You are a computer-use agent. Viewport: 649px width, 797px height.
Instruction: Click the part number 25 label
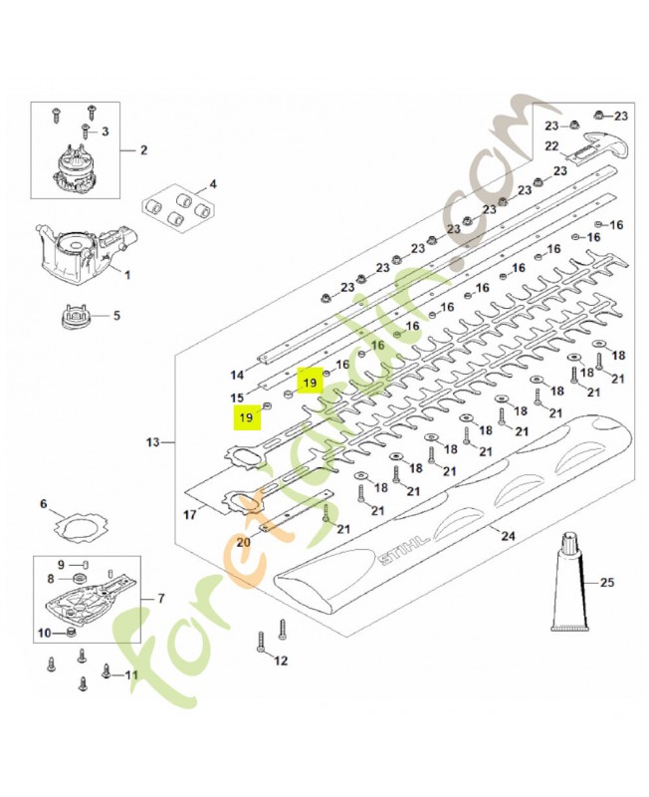pyautogui.click(x=607, y=582)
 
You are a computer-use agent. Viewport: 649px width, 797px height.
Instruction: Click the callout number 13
pyautogui.click(x=152, y=442)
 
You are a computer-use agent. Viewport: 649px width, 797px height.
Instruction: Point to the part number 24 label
pyautogui.click(x=508, y=536)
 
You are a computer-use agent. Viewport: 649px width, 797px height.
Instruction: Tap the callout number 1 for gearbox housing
pyautogui.click(x=127, y=275)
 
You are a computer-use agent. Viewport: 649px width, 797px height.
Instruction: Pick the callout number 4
pyautogui.click(x=213, y=183)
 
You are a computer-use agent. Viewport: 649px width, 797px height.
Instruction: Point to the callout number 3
pyautogui.click(x=105, y=132)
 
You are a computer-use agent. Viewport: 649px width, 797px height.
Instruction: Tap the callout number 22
pyautogui.click(x=552, y=145)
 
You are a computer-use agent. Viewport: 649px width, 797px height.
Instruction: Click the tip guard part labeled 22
pyautogui.click(x=601, y=146)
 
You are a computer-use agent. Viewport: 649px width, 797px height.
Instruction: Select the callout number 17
pyautogui.click(x=189, y=515)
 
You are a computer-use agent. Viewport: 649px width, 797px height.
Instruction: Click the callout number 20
pyautogui.click(x=243, y=542)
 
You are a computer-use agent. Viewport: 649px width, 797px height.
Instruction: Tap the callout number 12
pyautogui.click(x=281, y=661)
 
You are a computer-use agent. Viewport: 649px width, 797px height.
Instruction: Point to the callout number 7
pyautogui.click(x=161, y=599)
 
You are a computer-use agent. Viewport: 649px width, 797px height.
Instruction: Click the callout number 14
pyautogui.click(x=237, y=376)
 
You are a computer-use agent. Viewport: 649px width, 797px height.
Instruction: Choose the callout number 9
pyautogui.click(x=61, y=564)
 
